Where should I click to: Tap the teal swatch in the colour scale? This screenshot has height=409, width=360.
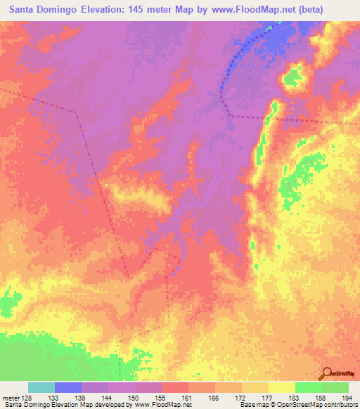click(41, 387)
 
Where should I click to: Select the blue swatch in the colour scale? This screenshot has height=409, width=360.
click(67, 387)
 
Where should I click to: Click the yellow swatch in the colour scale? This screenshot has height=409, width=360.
click(282, 387)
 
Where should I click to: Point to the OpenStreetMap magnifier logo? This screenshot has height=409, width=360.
click(327, 373)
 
